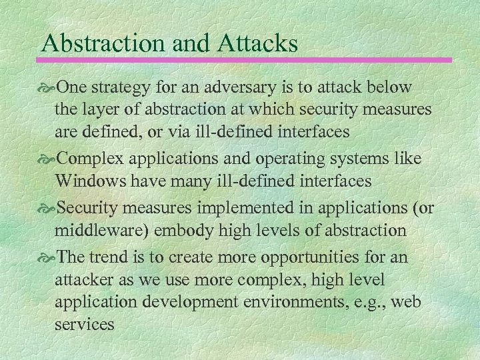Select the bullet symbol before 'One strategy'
click(49, 87)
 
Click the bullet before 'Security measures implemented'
click(49, 209)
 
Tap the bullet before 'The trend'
click(49, 257)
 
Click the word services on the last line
click(85, 324)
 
